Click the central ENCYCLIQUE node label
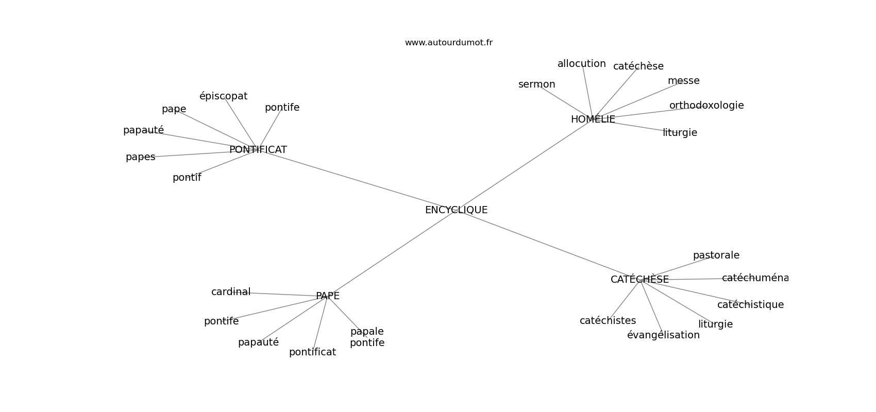coord(456,210)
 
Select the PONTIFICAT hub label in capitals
coord(258,150)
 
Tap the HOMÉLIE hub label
coord(593,119)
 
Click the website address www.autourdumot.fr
coord(448,43)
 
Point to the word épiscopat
coord(223,96)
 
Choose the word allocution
coord(581,64)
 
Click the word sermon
coord(536,84)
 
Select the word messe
coord(683,81)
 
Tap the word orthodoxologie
coord(706,106)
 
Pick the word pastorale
coord(716,255)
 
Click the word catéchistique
coord(750,305)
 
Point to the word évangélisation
coord(663,335)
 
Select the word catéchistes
coord(608,321)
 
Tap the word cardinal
coord(230,292)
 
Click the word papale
coord(367,332)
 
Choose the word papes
coord(140,157)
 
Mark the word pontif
coord(187,178)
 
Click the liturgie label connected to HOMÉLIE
coord(680,133)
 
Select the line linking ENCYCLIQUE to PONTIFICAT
coord(356,180)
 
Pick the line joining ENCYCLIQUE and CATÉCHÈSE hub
coord(546,244)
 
